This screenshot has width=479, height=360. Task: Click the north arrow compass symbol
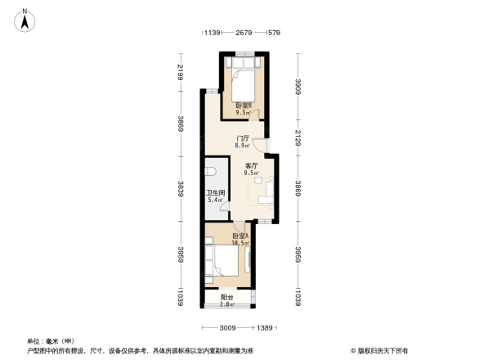(x=27, y=19)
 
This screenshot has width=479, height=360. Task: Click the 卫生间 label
(x=216, y=196)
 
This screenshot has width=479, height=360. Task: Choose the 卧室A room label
(x=239, y=239)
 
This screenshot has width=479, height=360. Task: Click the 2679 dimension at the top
(x=243, y=33)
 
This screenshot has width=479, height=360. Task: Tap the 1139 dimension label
(x=213, y=33)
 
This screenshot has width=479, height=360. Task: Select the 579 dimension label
(x=274, y=33)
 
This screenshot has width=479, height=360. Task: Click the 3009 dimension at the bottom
(x=226, y=327)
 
